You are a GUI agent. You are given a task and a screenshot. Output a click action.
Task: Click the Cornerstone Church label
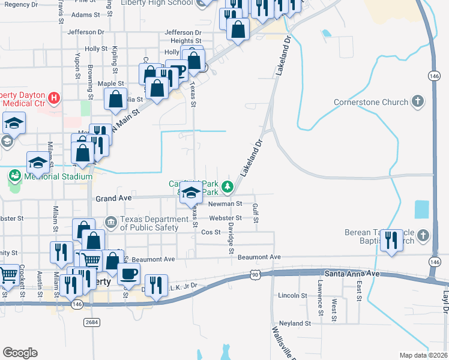(x=371, y=102)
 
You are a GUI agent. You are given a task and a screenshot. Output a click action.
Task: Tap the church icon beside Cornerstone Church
(x=418, y=102)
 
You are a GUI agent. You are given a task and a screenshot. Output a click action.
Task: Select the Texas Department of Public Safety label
(x=149, y=223)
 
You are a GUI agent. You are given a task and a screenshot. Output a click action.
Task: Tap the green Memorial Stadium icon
(x=14, y=176)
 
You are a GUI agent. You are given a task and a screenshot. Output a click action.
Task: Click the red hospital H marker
(x=54, y=97)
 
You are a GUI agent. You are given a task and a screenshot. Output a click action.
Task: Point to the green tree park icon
(x=228, y=188)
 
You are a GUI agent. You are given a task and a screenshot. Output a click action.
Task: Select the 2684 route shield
(x=91, y=322)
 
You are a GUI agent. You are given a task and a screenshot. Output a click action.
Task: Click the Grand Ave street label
(x=113, y=198)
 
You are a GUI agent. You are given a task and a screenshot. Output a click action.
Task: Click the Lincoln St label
(x=293, y=296)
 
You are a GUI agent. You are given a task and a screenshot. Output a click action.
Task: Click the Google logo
(x=20, y=353)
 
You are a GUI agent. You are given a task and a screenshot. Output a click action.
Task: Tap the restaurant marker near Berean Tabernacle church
(x=391, y=241)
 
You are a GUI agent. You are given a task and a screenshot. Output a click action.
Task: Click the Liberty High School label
(x=156, y=3)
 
